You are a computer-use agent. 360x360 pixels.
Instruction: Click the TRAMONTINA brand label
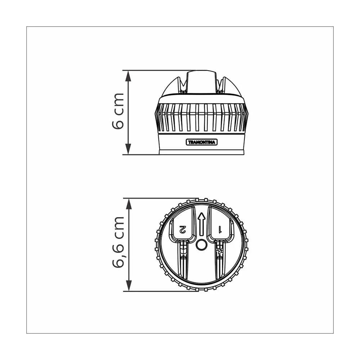point(201,142)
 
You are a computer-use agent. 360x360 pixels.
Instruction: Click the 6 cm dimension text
point(118,111)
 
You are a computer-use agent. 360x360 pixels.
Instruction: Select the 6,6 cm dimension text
point(118,242)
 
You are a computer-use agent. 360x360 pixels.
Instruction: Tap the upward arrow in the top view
point(201,224)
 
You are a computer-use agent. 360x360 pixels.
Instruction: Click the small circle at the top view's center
point(201,245)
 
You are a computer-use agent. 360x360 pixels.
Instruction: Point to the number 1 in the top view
point(220,230)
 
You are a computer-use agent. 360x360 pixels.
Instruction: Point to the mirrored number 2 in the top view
point(183,229)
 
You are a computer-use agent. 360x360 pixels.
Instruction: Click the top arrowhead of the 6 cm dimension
point(128,76)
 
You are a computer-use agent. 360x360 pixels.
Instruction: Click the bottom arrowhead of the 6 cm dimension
point(128,149)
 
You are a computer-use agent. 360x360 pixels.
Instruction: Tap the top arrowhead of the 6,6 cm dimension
point(129,204)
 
